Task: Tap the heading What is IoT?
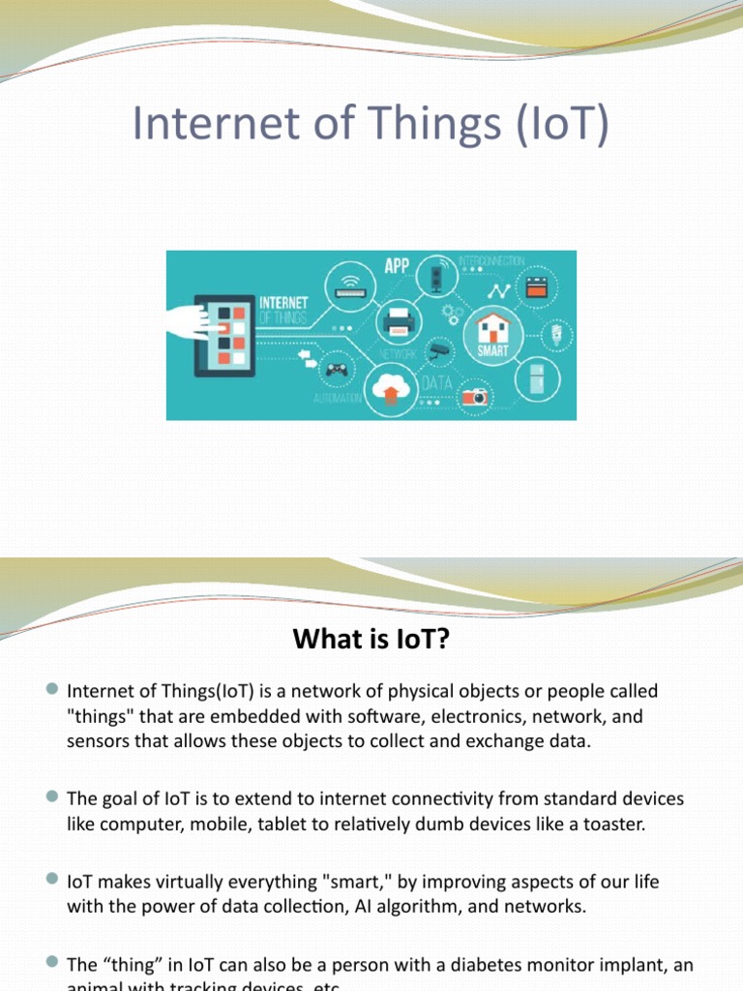371,638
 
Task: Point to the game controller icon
337,369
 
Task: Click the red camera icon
475,396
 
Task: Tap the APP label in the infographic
397,265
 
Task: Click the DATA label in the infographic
436,383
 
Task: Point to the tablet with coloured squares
224,335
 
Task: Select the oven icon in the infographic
537,286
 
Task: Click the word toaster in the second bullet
609,825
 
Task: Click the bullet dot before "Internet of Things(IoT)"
52,688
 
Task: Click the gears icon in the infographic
450,315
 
